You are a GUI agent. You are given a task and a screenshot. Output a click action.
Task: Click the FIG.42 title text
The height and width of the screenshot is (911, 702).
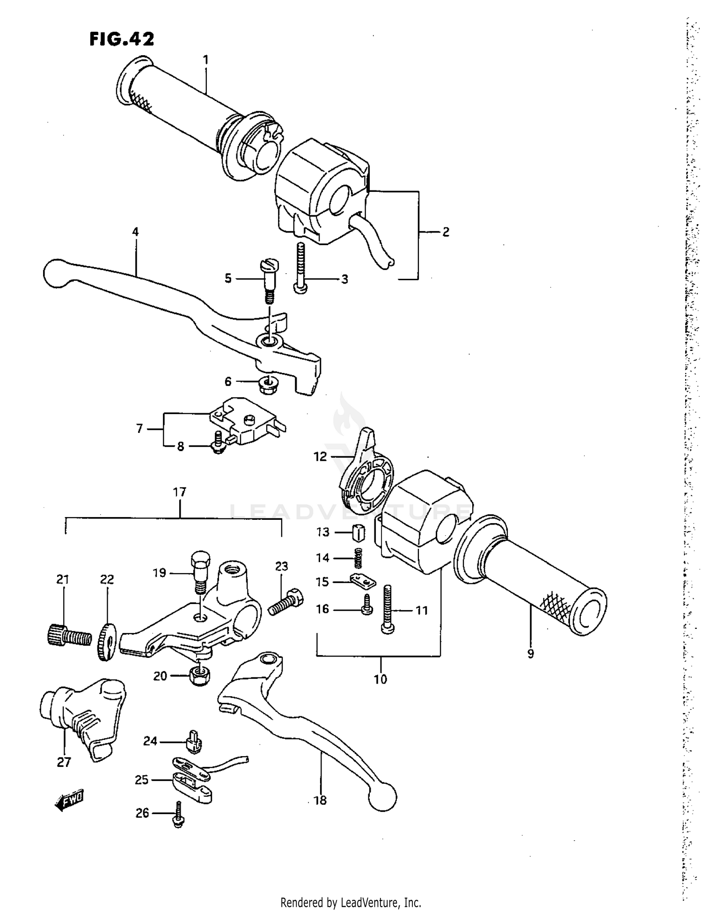coord(122,39)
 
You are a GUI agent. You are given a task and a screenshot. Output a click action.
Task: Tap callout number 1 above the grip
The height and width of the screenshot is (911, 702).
coord(205,60)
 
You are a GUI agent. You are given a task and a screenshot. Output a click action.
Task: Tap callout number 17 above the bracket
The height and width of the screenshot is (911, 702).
coord(180,492)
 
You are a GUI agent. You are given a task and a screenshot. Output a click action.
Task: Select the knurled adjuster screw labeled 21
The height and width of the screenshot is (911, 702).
coord(68,636)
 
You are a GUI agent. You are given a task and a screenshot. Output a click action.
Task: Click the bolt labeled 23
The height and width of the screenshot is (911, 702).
coord(285,603)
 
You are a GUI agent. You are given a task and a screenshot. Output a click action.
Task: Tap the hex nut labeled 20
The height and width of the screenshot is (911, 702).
coord(199,675)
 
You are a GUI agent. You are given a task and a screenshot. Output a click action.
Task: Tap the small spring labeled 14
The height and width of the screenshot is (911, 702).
coord(358,558)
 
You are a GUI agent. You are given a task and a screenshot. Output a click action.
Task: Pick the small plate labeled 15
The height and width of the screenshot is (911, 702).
coord(363,582)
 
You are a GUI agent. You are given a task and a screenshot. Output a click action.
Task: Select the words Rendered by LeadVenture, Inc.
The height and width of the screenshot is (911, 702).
coord(351,902)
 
